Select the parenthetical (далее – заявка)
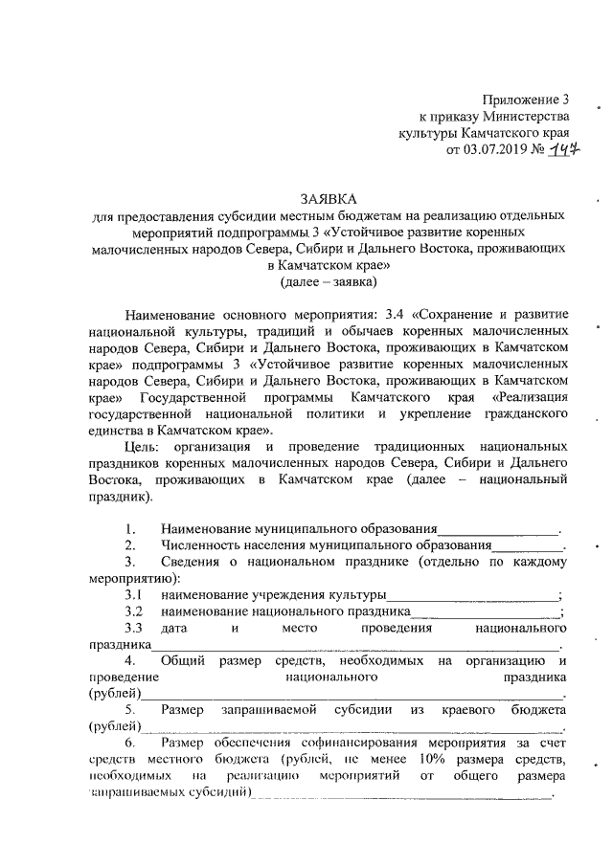(x=329, y=281)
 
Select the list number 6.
(x=131, y=743)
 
